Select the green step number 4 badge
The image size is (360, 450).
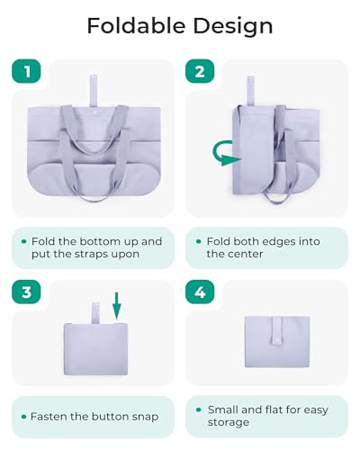200,292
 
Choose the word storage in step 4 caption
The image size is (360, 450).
231,423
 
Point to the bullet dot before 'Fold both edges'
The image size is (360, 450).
197,242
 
